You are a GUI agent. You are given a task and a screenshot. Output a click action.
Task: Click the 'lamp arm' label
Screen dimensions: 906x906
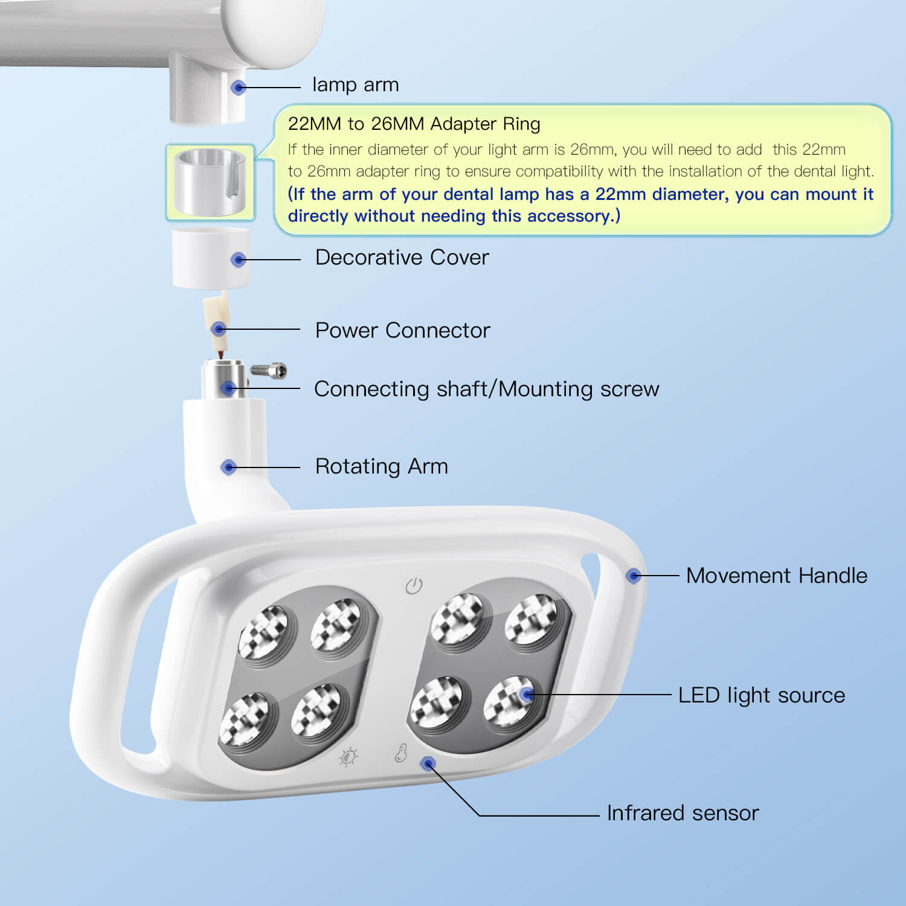[x=355, y=85]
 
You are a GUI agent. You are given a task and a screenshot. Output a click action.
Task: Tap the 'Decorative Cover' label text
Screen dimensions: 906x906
[x=402, y=257]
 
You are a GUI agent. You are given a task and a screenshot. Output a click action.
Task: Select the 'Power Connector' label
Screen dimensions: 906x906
[x=402, y=330]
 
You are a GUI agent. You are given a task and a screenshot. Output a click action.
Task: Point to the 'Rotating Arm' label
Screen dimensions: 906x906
[x=381, y=466]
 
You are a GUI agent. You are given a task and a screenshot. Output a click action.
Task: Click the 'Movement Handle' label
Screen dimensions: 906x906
[x=776, y=576]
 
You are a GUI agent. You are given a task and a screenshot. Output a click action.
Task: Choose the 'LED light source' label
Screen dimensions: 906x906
[x=761, y=695]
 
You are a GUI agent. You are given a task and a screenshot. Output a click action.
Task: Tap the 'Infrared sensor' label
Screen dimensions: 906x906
[x=683, y=813]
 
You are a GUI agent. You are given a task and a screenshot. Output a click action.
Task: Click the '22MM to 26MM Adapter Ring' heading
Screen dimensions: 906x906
[x=414, y=124]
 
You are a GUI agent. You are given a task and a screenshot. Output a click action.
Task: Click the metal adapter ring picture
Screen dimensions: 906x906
[x=210, y=182]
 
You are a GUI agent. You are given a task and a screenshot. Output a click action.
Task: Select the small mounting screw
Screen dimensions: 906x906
[x=268, y=370]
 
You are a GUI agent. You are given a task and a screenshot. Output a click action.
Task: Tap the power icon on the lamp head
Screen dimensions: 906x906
[x=414, y=585]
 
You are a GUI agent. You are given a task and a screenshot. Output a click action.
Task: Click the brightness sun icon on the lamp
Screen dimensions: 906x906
[x=349, y=757]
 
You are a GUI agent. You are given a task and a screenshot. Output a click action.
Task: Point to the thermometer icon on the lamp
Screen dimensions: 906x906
[x=401, y=753]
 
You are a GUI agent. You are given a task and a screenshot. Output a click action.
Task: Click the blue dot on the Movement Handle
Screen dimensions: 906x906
[x=633, y=576]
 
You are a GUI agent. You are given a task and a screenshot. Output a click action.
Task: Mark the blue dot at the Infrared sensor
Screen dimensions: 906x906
[x=428, y=764]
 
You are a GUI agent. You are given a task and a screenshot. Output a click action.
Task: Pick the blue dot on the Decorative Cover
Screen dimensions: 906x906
[x=239, y=260]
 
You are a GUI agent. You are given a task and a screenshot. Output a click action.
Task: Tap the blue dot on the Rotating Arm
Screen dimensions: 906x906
[x=228, y=467]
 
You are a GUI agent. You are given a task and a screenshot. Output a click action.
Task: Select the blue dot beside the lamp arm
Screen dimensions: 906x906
[x=239, y=87]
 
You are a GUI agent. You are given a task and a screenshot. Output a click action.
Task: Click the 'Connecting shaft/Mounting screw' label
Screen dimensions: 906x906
[x=487, y=389]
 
